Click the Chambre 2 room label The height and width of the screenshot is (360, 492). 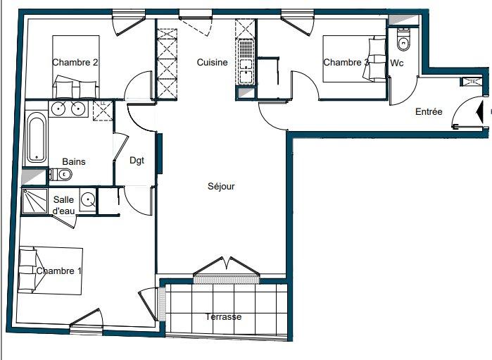click(x=75, y=62)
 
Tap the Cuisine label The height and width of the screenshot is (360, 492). click(x=212, y=62)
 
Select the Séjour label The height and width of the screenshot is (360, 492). click(x=221, y=186)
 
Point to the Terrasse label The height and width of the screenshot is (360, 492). click(x=224, y=316)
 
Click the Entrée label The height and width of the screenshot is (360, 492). click(x=429, y=111)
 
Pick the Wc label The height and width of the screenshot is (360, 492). click(x=396, y=63)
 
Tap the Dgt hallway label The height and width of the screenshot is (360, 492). click(x=137, y=161)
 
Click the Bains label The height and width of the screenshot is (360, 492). click(x=74, y=161)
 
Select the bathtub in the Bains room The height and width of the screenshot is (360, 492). click(x=36, y=137)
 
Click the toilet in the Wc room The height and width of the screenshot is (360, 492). click(x=403, y=40)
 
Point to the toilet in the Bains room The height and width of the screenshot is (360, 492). click(x=61, y=174)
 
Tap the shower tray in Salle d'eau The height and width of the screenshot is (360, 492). click(x=34, y=201)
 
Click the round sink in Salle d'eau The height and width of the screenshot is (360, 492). click(x=87, y=200)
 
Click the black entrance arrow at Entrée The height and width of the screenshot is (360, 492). click(x=480, y=111)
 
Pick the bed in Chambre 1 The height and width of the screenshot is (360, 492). click(x=51, y=271)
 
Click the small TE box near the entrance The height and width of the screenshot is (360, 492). click(x=472, y=82)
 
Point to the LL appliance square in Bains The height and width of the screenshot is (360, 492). click(x=103, y=111)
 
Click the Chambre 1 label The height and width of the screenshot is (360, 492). click(x=59, y=271)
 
